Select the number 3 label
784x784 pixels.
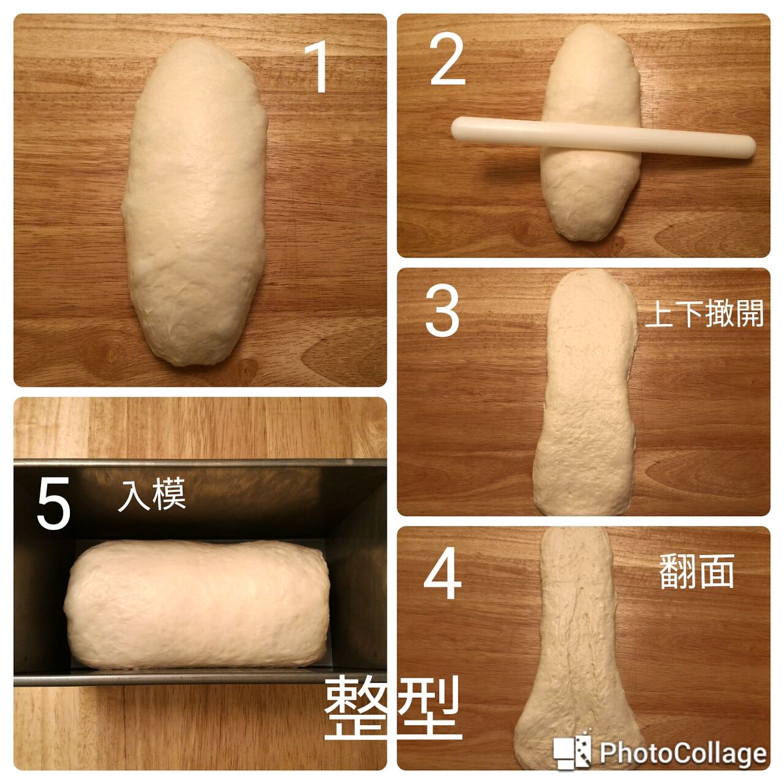tap(442, 312)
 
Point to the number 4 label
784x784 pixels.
tap(443, 573)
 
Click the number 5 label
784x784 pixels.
tap(54, 503)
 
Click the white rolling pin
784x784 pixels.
tap(604, 137)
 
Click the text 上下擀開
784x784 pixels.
tap(704, 314)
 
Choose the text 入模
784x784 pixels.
tap(152, 494)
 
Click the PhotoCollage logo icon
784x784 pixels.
tap(572, 741)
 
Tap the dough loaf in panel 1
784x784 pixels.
tap(195, 201)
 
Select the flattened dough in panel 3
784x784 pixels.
tap(586, 393)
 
